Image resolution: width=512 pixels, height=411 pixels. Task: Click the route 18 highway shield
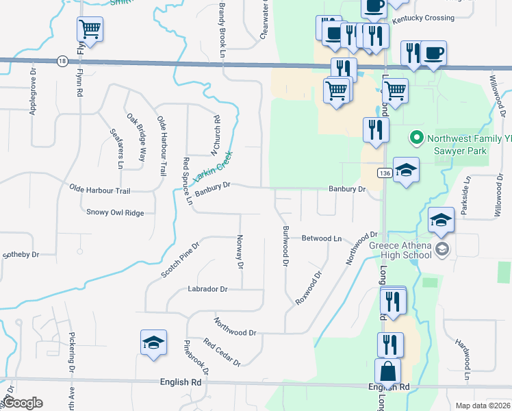pyautogui.click(x=62, y=61)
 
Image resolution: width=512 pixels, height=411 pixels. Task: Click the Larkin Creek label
pyautogui.click(x=212, y=166)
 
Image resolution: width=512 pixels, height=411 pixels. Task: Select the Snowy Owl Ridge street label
pyautogui.click(x=115, y=212)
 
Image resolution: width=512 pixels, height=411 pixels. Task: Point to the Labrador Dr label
pyautogui.click(x=207, y=289)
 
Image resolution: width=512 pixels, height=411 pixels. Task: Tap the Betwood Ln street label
pyautogui.click(x=322, y=238)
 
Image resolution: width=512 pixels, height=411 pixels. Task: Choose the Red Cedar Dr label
pyautogui.click(x=222, y=351)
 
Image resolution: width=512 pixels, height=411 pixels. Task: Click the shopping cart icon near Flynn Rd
pyautogui.click(x=90, y=29)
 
